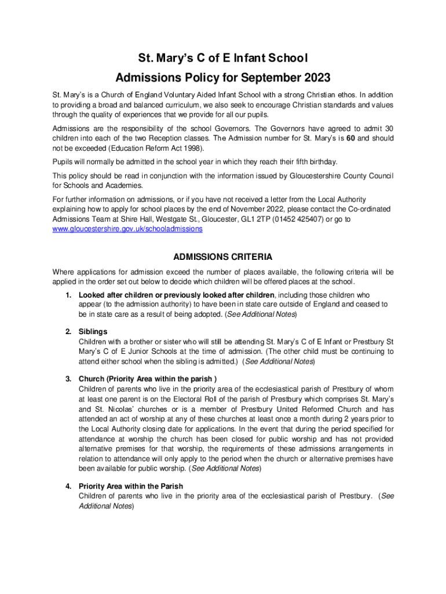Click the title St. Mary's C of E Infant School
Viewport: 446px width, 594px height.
[222, 58]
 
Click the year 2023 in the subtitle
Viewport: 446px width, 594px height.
[313, 78]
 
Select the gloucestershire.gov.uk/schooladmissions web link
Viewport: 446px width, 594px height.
[127, 229]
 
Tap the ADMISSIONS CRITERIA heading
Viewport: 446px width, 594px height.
[223, 258]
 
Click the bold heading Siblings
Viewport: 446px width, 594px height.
[93, 332]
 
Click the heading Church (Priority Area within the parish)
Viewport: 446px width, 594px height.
[148, 379]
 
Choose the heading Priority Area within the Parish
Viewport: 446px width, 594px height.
[131, 486]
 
